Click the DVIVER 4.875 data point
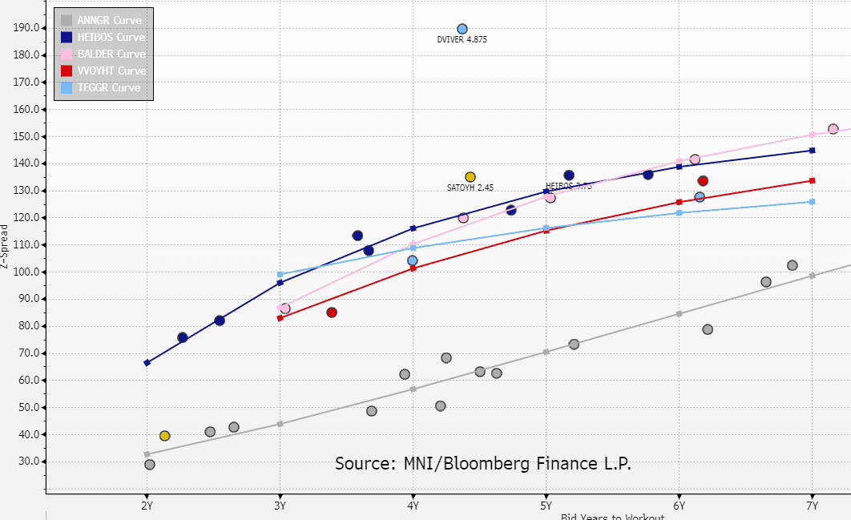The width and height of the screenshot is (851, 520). point(462,29)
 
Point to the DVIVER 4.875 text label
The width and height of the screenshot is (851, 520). point(462,39)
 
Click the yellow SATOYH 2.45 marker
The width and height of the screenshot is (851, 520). point(470,177)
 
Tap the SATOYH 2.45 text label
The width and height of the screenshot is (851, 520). point(470,187)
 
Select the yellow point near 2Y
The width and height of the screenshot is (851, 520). point(165,436)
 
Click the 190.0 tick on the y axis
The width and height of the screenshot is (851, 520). point(27,28)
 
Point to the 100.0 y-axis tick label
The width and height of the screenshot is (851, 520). point(27,272)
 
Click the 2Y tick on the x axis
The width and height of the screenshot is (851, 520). point(147,506)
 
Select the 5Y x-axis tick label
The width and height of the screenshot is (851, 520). point(546,506)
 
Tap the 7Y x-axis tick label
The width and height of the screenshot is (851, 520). point(812,506)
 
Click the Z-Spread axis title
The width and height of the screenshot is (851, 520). point(6,240)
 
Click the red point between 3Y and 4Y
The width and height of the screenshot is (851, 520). point(332,312)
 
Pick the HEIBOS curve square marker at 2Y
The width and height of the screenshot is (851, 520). point(147,363)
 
